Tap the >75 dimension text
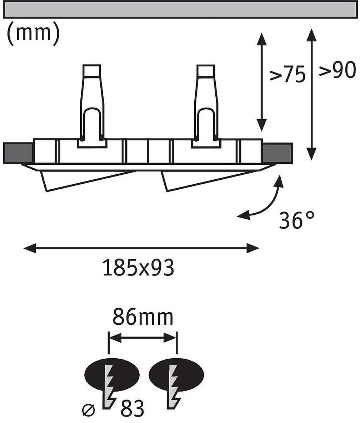288,74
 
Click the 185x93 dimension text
139,268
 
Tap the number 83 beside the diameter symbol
132,408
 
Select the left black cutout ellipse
112,374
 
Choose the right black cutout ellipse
176,374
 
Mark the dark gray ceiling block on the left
19,153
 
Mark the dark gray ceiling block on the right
277,153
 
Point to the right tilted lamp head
207,180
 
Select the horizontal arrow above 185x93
141,248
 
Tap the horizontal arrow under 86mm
142,338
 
